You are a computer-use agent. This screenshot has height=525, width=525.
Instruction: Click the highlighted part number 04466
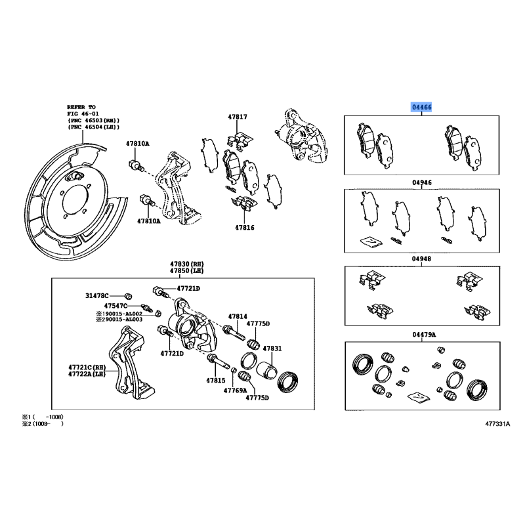(421, 107)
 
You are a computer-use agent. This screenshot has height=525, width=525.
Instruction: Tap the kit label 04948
(422, 259)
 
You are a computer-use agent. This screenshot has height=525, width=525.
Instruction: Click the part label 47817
(238, 117)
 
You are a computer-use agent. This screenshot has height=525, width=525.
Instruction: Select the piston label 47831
(272, 348)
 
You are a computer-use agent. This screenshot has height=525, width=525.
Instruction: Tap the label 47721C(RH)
(87, 367)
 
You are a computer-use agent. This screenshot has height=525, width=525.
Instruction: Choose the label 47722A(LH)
(87, 374)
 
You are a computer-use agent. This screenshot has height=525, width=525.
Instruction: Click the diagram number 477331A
(497, 424)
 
